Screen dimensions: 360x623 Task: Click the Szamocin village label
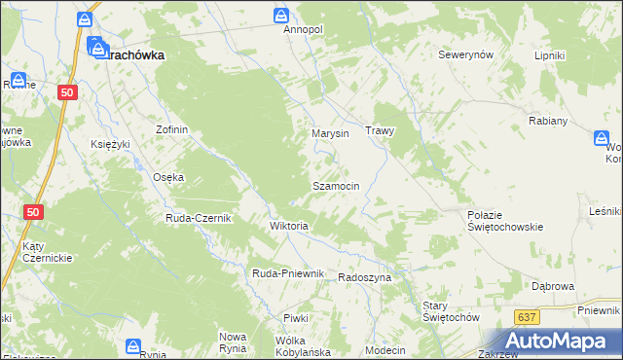(336, 185)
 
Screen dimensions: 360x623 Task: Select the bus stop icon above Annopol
(280, 15)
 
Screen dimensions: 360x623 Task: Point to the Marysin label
(330, 133)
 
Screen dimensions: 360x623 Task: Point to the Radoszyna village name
(364, 277)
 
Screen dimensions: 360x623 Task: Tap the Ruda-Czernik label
(198, 218)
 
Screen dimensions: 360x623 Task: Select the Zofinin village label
(171, 129)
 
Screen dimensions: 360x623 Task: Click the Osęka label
(169, 177)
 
